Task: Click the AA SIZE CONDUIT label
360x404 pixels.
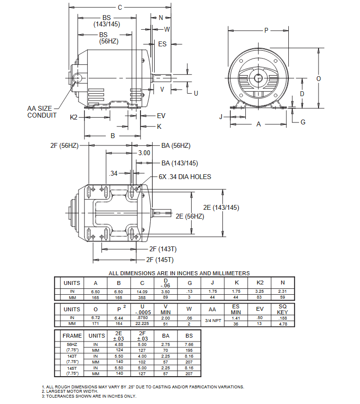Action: pyautogui.click(x=42, y=112)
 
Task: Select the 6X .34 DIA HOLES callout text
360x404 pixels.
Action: pyautogui.click(x=185, y=177)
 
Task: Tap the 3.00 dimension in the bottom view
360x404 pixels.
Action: pyautogui.click(x=144, y=153)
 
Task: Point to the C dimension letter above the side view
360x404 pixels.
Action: pyautogui.click(x=120, y=7)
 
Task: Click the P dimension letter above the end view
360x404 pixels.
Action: pyautogui.click(x=266, y=30)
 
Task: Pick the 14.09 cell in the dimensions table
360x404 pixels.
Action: pyautogui.click(x=142, y=291)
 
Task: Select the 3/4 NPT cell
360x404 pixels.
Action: pyautogui.click(x=213, y=320)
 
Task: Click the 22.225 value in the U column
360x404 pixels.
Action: pyautogui.click(x=142, y=323)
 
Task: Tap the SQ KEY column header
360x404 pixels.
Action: pyautogui.click(x=282, y=309)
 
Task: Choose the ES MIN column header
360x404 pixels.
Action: pyautogui.click(x=236, y=309)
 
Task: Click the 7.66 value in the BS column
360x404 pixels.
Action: pyautogui.click(x=189, y=344)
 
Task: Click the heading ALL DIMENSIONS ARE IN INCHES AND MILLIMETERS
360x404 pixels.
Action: pyautogui.click(x=179, y=273)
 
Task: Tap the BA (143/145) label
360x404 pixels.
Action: pyautogui.click(x=180, y=163)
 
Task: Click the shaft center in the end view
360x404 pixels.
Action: pyautogui.click(x=258, y=78)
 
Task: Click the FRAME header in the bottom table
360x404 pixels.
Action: pyautogui.click(x=72, y=336)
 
